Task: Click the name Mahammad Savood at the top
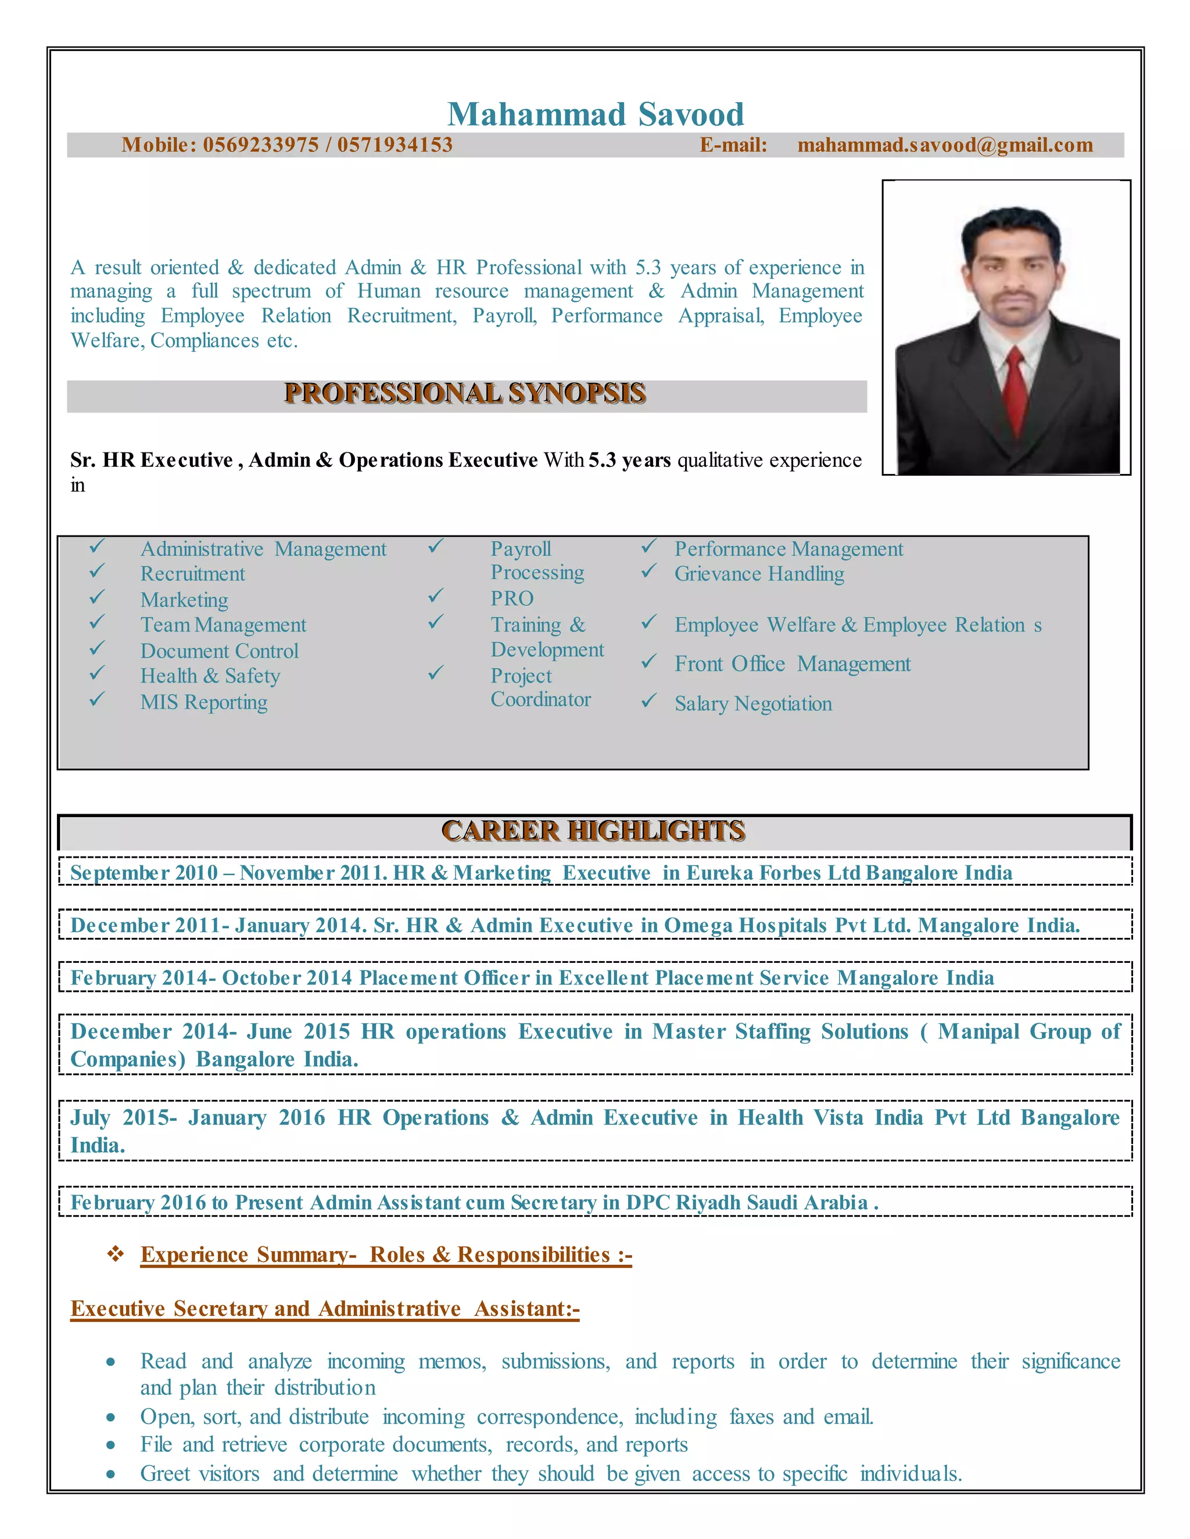click(x=596, y=114)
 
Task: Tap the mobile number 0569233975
click(x=261, y=145)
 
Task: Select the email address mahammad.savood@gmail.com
click(x=945, y=145)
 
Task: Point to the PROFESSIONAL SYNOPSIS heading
click(x=465, y=393)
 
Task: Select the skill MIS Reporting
click(x=204, y=703)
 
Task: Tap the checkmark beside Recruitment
click(x=97, y=571)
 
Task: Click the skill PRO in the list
click(x=512, y=599)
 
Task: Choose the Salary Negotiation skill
click(x=753, y=704)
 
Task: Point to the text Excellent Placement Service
click(x=694, y=978)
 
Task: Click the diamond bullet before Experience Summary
click(x=115, y=1254)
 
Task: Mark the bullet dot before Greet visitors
click(x=110, y=1474)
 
